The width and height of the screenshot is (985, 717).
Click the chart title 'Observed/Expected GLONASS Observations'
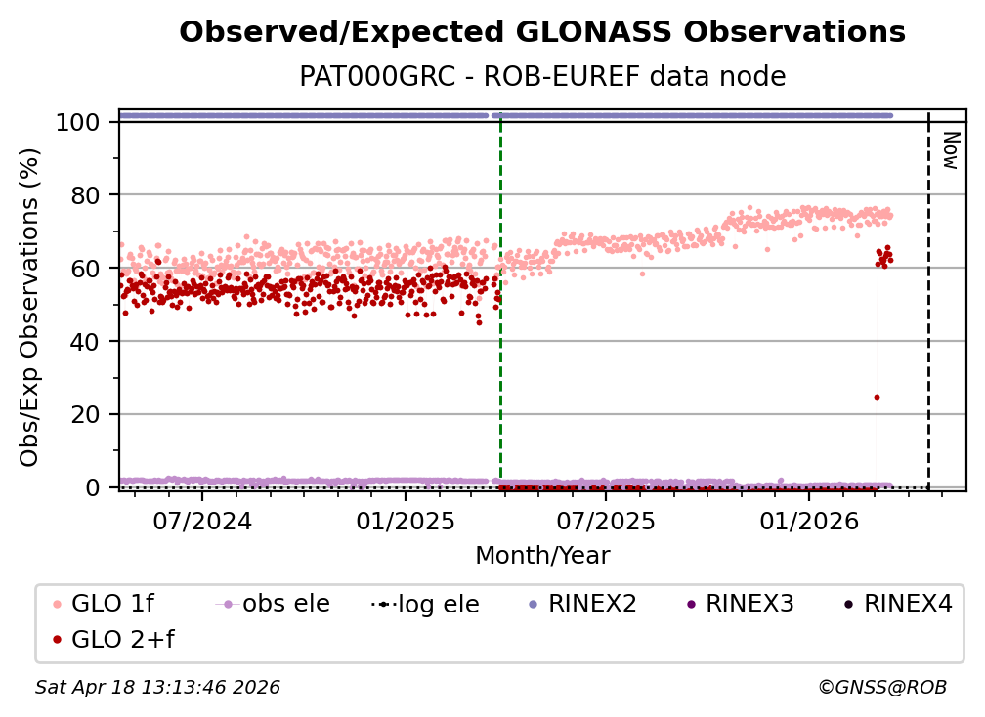point(542,32)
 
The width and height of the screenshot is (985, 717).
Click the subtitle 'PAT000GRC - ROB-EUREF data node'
point(542,76)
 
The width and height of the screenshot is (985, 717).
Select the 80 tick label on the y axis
point(89,195)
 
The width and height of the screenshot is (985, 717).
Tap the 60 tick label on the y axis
point(89,268)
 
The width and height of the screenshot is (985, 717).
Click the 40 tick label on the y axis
point(89,341)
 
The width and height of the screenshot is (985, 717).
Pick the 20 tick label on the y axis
point(89,414)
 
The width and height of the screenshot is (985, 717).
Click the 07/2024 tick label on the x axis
point(201,521)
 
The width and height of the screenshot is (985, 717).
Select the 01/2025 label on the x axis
point(404,521)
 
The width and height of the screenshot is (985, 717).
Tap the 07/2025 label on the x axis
point(605,521)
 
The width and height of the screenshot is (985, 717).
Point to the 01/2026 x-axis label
point(807,521)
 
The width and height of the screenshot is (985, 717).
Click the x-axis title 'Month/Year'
point(542,556)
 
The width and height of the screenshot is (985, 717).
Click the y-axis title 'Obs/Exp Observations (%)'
point(30,307)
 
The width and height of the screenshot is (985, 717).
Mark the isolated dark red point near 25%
point(877,397)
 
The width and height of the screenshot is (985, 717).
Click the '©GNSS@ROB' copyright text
point(881,688)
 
